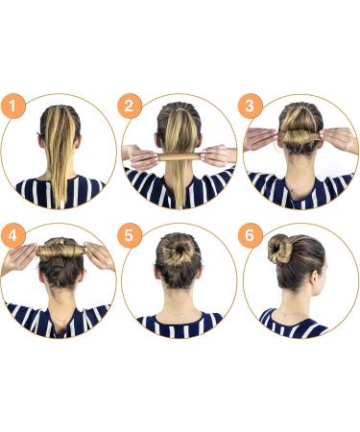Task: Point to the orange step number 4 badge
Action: (x=12, y=235)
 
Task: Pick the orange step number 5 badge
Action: (x=132, y=235)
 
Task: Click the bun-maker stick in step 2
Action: (x=179, y=155)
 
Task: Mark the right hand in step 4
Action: (x=98, y=255)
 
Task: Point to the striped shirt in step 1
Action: (x=60, y=191)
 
